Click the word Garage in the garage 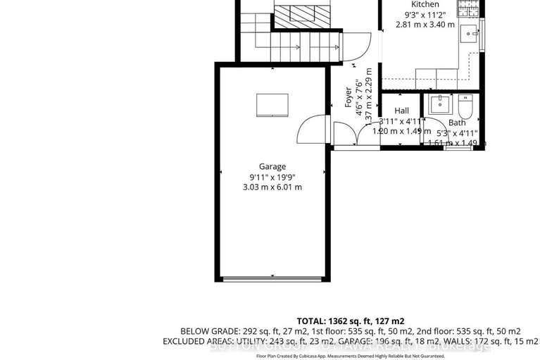272,167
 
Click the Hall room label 401,111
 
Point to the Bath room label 457,123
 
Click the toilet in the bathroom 465,106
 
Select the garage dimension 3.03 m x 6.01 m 272,187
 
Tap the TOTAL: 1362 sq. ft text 351,321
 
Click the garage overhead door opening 272,280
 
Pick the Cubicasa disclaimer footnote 350,356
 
